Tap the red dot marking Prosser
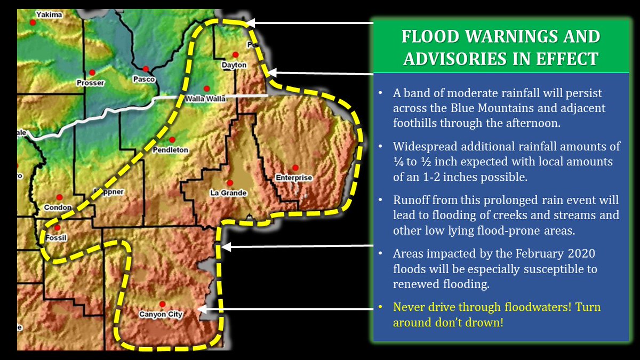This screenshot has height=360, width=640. [x=92, y=73]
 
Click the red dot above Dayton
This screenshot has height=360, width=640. [x=235, y=54]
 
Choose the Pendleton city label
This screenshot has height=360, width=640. [x=171, y=150]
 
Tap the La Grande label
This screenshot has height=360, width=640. [x=228, y=193]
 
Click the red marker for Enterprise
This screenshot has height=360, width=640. [x=294, y=167]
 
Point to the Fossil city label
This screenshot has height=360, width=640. [x=56, y=238]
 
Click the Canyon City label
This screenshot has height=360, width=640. [x=161, y=315]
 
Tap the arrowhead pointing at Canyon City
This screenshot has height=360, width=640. [x=201, y=308]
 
